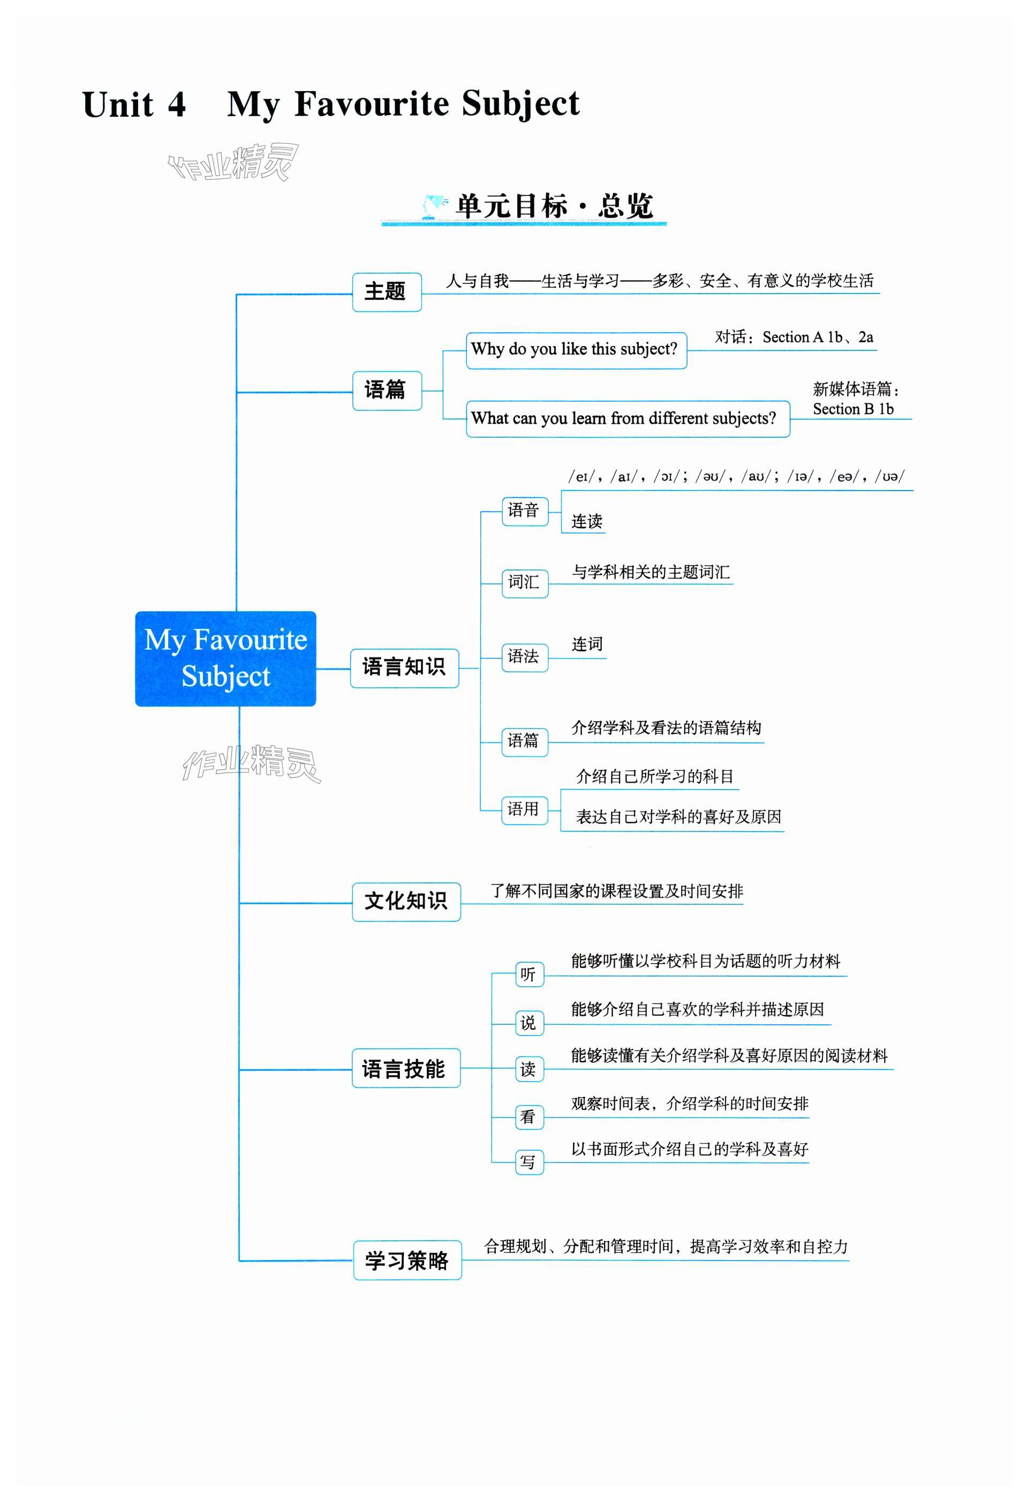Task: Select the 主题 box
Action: (387, 292)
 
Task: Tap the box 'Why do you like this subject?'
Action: (576, 350)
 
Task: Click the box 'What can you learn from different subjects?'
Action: (627, 419)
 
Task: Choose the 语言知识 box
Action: (404, 667)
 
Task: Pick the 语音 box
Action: (524, 511)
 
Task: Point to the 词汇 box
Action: (524, 583)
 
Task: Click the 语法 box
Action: (524, 657)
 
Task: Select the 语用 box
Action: (524, 809)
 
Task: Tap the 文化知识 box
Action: (406, 901)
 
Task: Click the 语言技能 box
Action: (405, 1068)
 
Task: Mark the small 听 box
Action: (529, 974)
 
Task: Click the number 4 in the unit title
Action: (176, 104)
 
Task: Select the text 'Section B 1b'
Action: (853, 409)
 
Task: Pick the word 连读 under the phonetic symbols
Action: (586, 521)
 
